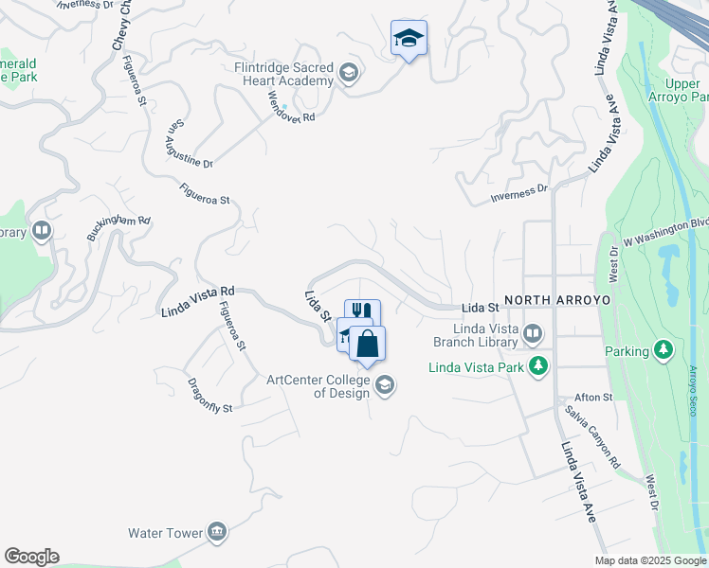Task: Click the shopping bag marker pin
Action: [368, 344]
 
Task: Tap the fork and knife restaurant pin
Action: [362, 311]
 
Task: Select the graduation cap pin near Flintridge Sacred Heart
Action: [409, 38]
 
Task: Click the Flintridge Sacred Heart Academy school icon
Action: [349, 73]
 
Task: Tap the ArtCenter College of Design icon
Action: [385, 384]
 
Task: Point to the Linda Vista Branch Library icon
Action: [534, 333]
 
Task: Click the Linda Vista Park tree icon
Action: [539, 365]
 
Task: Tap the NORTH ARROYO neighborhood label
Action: [557, 299]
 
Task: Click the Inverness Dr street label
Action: [519, 194]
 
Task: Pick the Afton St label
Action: [589, 398]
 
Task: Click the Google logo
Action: [31, 557]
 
